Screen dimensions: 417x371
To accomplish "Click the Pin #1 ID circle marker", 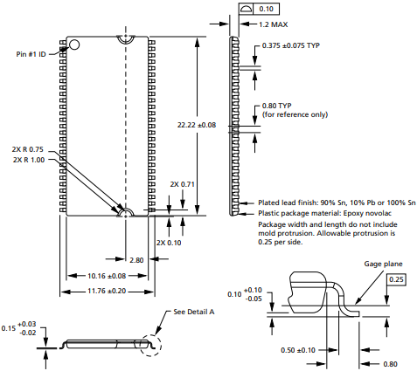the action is point(74,45).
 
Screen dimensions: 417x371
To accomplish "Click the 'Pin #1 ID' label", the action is point(31,54).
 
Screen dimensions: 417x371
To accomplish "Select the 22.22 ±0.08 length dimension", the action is point(197,125).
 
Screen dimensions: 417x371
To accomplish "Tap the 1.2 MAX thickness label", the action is point(273,24).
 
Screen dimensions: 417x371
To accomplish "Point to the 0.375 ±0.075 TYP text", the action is point(291,45).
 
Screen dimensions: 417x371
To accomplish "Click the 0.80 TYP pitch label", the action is point(276,106).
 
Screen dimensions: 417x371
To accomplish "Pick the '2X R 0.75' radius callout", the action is point(28,149).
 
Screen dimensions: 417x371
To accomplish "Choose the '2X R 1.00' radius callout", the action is point(29,160).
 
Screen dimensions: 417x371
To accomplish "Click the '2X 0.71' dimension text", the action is point(183,184).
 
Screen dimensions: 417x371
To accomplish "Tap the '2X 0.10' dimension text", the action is point(169,243).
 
